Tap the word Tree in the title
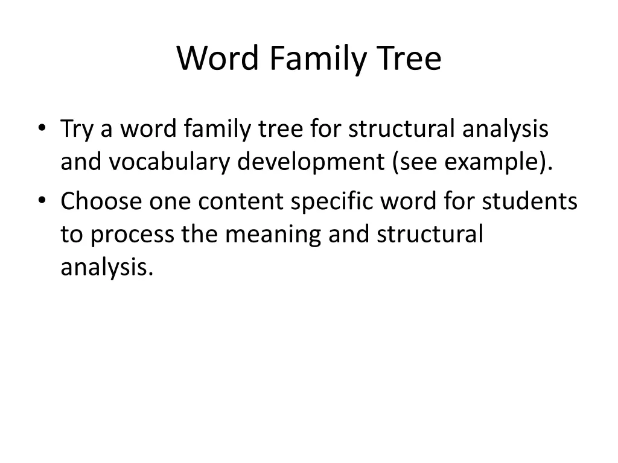[x=410, y=59]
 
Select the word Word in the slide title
[x=218, y=59]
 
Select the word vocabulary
[x=171, y=162]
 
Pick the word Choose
[x=100, y=201]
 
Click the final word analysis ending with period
[x=107, y=267]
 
